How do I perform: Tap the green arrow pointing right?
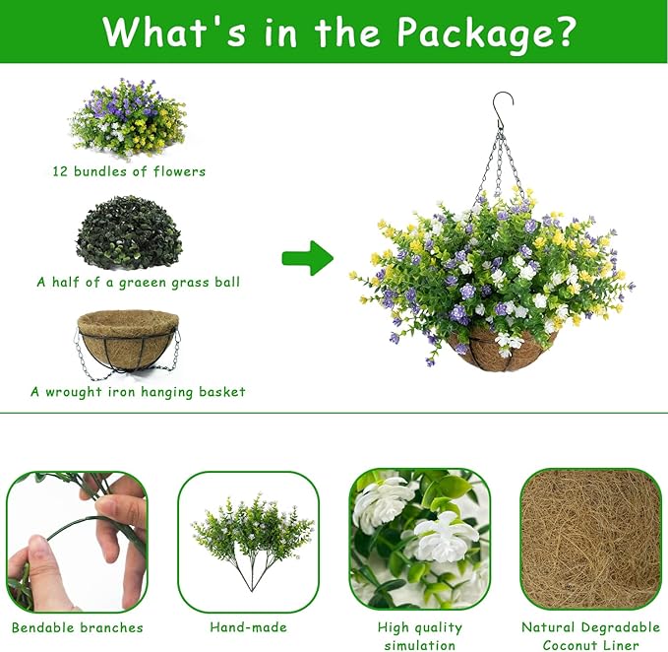click(x=307, y=258)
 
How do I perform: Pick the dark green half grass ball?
click(x=129, y=232)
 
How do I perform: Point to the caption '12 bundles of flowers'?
click(x=129, y=171)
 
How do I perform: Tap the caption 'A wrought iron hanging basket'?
click(x=138, y=392)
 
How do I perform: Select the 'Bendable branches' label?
click(x=77, y=627)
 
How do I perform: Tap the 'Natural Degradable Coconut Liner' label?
click(x=589, y=636)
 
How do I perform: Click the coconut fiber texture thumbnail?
click(x=589, y=539)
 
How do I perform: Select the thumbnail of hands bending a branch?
click(x=77, y=541)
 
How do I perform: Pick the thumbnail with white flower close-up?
click(x=419, y=539)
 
